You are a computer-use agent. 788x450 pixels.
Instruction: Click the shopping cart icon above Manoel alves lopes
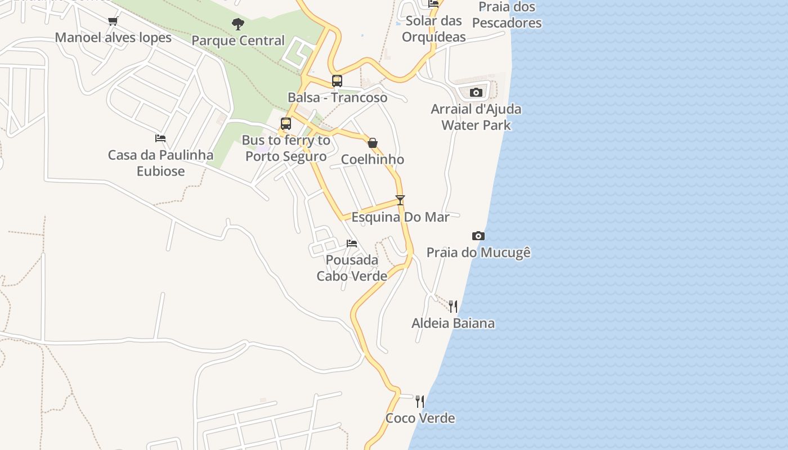coord(113,21)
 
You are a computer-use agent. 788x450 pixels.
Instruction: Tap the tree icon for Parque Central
coord(238,24)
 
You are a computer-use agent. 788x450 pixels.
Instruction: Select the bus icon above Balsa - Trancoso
coord(337,81)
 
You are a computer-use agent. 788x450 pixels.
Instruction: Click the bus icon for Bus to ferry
coord(286,124)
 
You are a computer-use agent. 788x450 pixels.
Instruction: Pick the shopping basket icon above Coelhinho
coord(373,143)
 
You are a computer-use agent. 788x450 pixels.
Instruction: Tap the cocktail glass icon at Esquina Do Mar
coord(400,200)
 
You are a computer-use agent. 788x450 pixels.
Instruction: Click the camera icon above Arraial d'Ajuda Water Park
coord(476,93)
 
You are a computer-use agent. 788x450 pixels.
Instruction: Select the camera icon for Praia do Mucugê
coord(478,236)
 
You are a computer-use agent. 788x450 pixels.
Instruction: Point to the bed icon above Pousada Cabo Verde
coord(352,244)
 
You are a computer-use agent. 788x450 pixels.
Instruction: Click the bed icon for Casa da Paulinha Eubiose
coord(160,138)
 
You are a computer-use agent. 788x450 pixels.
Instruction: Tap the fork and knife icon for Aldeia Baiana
coord(453,307)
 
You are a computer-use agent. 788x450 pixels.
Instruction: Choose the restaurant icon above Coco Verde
coord(420,402)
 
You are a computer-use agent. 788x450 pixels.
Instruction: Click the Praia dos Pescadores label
coord(507,15)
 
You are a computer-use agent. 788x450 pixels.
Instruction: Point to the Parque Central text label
coord(238,41)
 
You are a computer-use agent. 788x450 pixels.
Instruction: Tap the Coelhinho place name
coord(373,160)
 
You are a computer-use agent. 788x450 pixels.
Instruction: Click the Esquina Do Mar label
coord(400,217)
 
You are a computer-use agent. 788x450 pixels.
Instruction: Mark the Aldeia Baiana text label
coord(453,323)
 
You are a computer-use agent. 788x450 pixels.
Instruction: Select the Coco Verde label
coord(420,418)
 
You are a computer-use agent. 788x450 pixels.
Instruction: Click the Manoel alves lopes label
coord(113,38)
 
